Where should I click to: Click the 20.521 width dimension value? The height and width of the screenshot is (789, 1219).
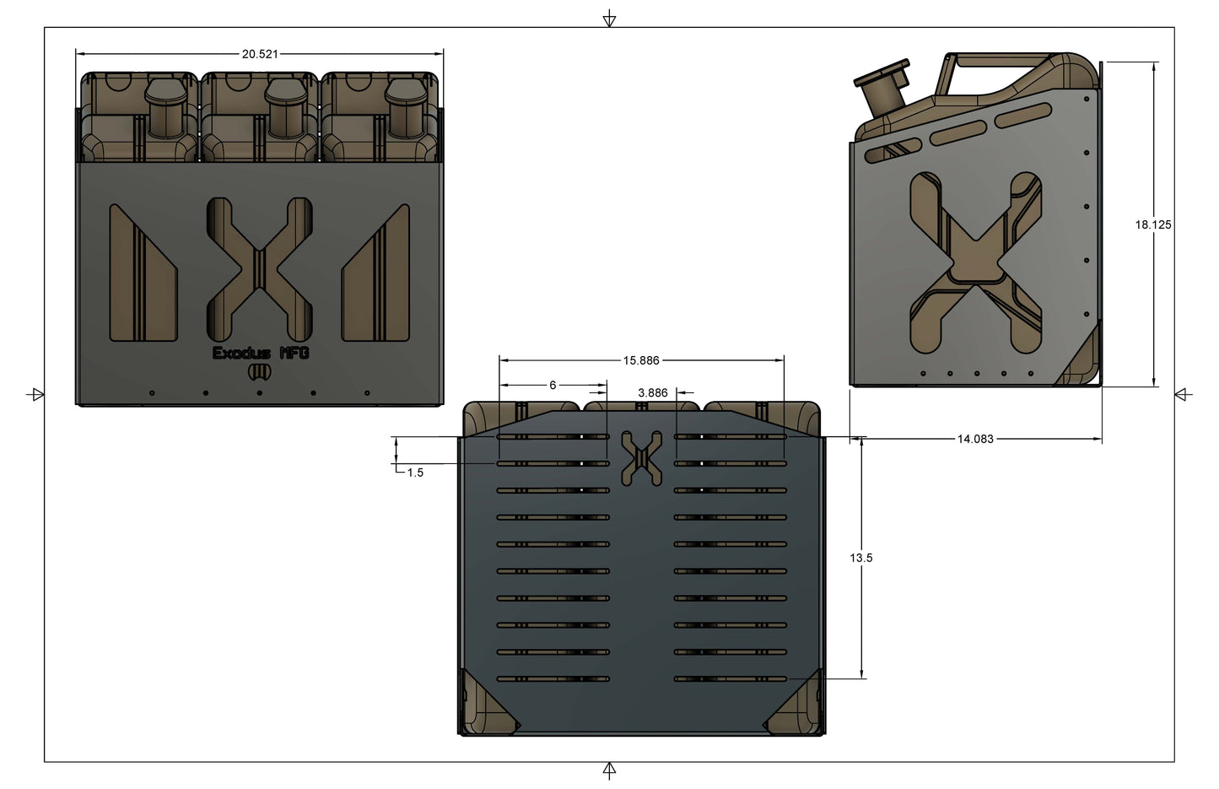point(260,54)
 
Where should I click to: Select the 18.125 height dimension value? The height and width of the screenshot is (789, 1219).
point(1152,224)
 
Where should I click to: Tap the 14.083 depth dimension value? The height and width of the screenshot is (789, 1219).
point(974,439)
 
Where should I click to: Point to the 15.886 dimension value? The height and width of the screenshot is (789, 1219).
point(641,360)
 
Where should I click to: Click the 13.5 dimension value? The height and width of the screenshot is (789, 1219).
point(860,558)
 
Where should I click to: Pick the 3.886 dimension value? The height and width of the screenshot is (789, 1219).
point(652,392)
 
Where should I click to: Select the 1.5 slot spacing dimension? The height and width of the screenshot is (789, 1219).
point(415,473)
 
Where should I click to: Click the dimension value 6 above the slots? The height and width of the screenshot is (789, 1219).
point(553,385)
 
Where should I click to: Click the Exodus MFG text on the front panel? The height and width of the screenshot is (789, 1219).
point(261,353)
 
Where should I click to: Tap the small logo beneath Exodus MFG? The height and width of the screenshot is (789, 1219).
point(260,372)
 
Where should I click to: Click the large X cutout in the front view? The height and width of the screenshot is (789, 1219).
point(260,269)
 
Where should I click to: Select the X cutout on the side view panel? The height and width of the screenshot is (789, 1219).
point(975,262)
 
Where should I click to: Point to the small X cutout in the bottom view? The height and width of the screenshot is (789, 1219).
point(641,458)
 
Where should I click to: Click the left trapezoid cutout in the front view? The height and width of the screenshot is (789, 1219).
point(142,273)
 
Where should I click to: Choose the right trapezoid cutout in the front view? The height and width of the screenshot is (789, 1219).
point(376,273)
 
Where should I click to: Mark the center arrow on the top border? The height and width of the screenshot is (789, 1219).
point(609,19)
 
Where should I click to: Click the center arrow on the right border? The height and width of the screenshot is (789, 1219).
point(1183,394)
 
